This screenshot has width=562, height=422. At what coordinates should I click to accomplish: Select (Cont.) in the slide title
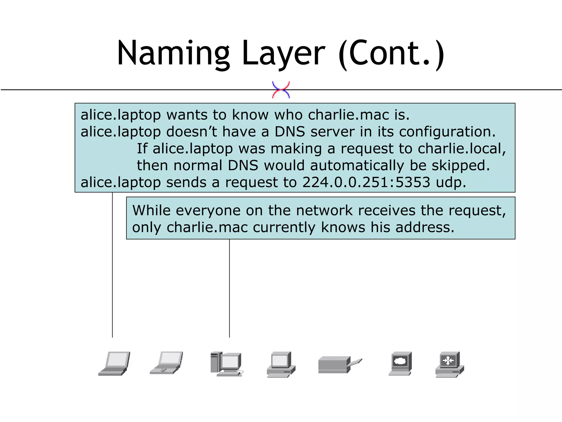point(391,54)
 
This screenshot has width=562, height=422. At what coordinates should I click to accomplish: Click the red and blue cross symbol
point(281,90)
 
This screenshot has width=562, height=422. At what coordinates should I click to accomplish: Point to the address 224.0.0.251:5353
point(366,182)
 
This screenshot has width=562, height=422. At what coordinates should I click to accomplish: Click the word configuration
point(447,132)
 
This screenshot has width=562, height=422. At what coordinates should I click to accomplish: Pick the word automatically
point(357,166)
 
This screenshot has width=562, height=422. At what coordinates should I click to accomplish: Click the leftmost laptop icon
point(114,363)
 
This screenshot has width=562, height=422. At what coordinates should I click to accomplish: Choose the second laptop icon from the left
point(166,363)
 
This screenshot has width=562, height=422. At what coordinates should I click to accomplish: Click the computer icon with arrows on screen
point(449,364)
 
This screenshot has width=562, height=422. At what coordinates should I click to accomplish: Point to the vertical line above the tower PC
point(229,288)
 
